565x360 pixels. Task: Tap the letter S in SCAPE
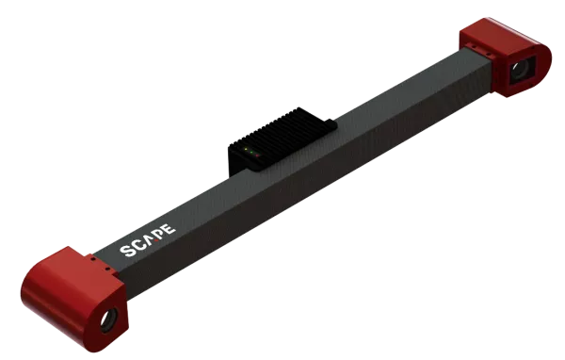click(x=128, y=252)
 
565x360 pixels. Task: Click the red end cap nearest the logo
click(x=72, y=286)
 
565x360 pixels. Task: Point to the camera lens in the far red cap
click(x=520, y=69)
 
